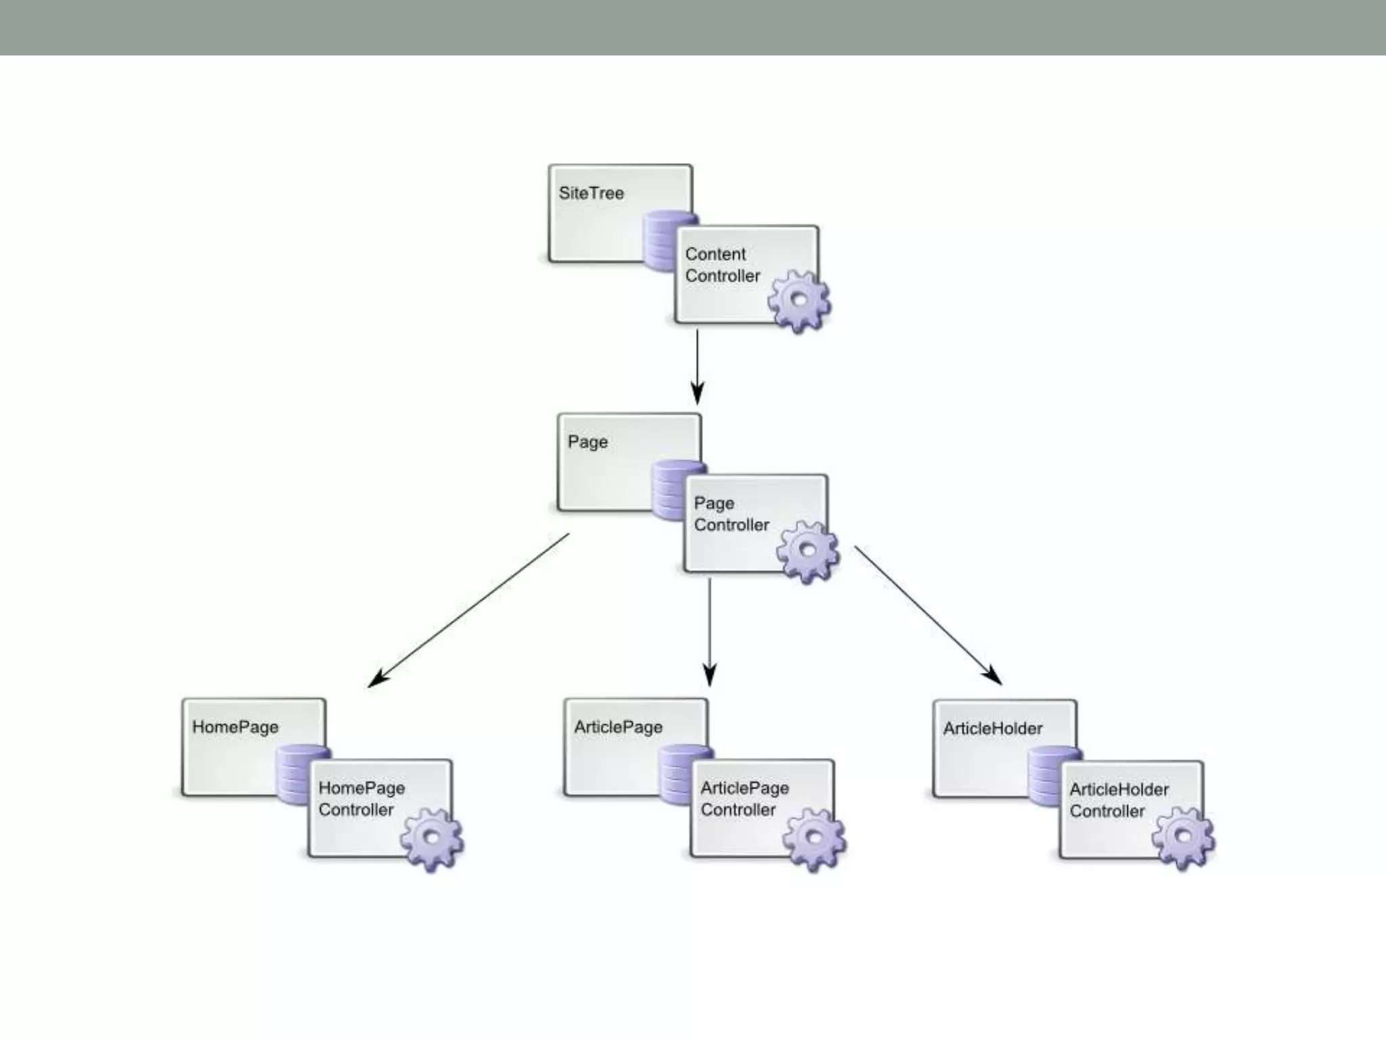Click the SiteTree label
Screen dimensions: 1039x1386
coord(591,193)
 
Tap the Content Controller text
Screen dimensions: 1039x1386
coord(722,265)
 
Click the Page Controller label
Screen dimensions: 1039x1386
coord(731,514)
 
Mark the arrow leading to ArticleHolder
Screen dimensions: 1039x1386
coord(927,615)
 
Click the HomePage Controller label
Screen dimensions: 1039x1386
coord(361,799)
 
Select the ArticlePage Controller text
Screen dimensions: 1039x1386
coord(744,799)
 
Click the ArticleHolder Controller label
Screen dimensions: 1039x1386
coord(1119,800)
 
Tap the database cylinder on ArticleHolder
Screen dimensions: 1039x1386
coord(1044,775)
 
